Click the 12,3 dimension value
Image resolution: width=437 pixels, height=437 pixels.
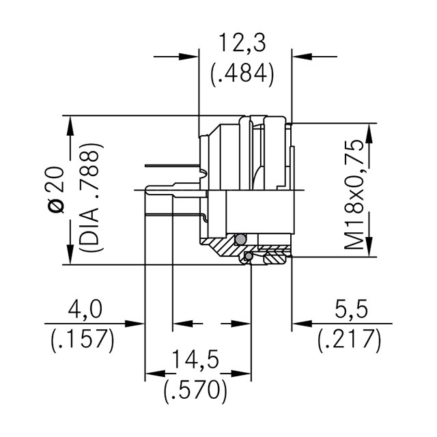[242, 42]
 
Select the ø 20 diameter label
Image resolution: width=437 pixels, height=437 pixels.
[57, 190]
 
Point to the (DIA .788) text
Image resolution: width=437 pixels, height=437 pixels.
[91, 197]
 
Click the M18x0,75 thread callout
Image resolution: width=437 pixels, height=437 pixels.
[354, 194]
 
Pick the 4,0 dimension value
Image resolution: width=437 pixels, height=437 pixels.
[85, 309]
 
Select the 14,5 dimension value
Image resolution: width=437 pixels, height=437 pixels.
[195, 360]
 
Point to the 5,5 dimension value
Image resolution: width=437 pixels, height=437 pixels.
[351, 309]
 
